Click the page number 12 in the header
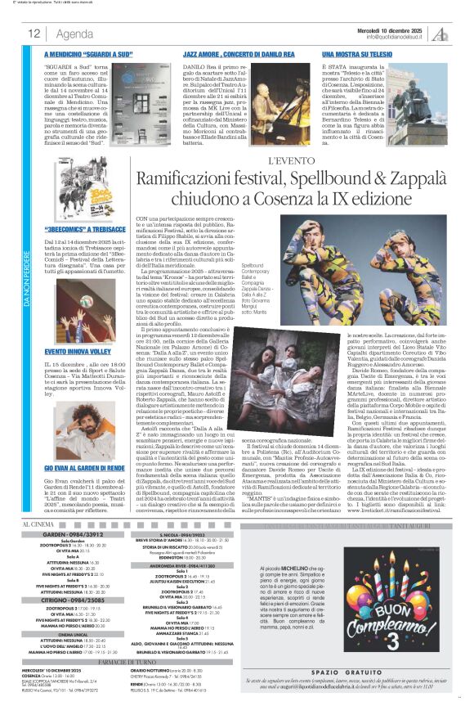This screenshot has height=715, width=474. [34, 34]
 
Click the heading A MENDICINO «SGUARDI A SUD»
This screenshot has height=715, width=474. [91, 51]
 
